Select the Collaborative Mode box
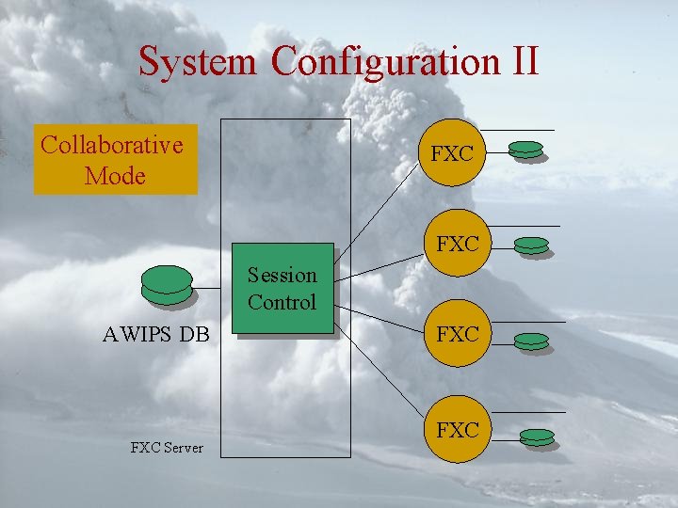click(x=116, y=160)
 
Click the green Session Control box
click(x=283, y=289)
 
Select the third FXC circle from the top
click(x=458, y=335)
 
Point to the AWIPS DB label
click(x=156, y=335)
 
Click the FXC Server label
click(x=167, y=448)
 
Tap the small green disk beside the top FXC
click(x=526, y=151)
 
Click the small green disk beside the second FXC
click(x=532, y=246)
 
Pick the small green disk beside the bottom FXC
click(x=538, y=437)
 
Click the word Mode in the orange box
click(x=115, y=176)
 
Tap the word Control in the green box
click(x=282, y=303)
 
